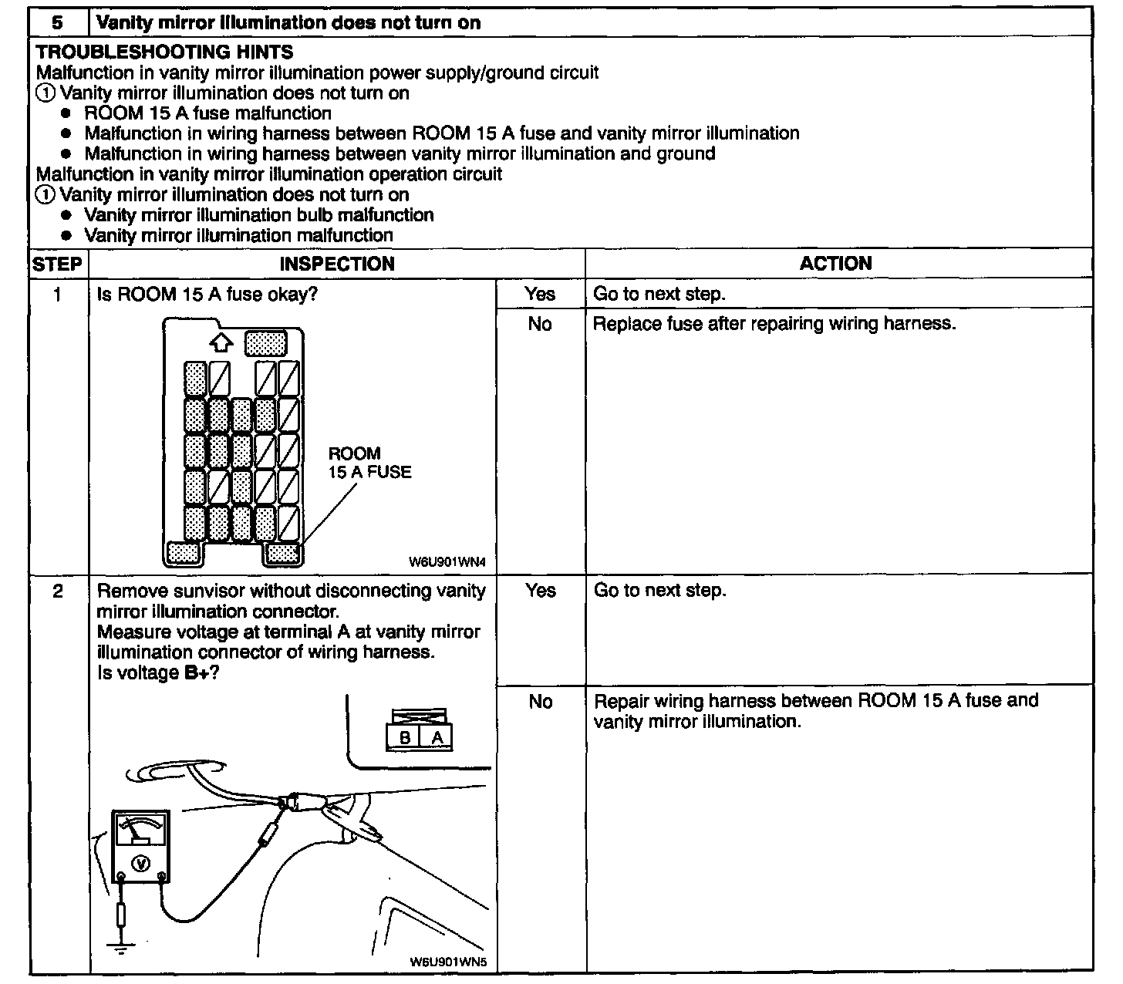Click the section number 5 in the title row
click(x=58, y=22)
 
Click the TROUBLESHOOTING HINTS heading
click(x=164, y=52)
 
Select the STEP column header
click(x=57, y=264)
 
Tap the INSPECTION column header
click(x=336, y=264)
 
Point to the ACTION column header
click(x=835, y=263)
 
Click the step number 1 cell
click(x=58, y=294)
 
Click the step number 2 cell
click(x=58, y=591)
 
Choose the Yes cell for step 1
click(x=540, y=294)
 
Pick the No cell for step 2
click(x=540, y=702)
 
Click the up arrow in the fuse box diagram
click(x=221, y=342)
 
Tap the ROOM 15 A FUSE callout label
click(x=369, y=463)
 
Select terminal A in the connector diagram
click(x=437, y=738)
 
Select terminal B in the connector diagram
click(x=404, y=738)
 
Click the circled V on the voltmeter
click(x=141, y=863)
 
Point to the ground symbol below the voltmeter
click(x=120, y=948)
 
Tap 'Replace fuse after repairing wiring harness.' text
click(x=774, y=324)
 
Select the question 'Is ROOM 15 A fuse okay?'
click(x=207, y=295)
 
